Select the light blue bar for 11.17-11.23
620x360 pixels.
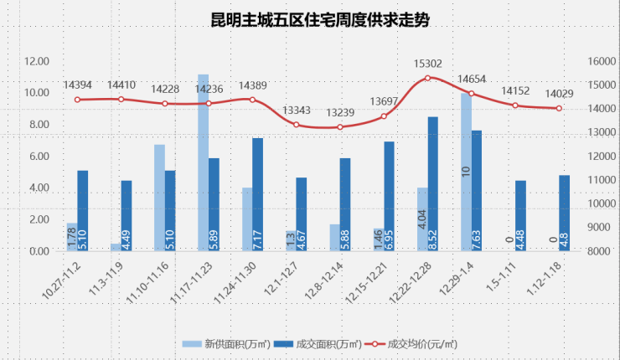click(203, 162)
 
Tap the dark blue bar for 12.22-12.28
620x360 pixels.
click(432, 183)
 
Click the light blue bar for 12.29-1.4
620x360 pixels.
click(466, 172)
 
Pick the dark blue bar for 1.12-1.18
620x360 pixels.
click(564, 213)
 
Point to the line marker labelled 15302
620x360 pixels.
click(427, 78)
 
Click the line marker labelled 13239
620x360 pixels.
click(339, 127)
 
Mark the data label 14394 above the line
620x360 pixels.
click(77, 85)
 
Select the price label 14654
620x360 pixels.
click(472, 80)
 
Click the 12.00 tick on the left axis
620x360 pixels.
click(38, 61)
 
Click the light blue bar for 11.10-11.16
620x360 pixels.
click(159, 198)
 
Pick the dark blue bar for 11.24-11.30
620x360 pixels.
click(257, 194)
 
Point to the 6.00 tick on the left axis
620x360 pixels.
click(38, 157)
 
